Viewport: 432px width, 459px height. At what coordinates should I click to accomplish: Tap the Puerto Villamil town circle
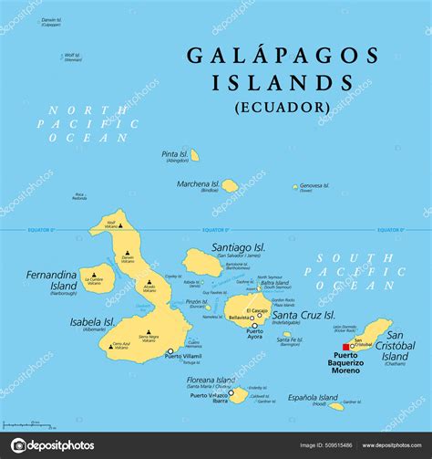pos(170,351)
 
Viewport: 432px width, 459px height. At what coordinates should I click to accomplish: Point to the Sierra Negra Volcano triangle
pos(148,332)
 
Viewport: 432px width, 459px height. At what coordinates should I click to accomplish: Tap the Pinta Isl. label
pos(175,154)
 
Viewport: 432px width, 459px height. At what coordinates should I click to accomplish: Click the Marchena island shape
pos(231,185)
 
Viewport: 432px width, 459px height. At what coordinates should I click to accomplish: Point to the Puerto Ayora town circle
pos(254,326)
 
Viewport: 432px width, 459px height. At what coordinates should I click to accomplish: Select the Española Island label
pos(308,397)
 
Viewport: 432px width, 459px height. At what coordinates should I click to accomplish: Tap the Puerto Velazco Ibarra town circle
pos(230,396)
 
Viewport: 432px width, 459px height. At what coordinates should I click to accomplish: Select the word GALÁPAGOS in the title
pos(283,56)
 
